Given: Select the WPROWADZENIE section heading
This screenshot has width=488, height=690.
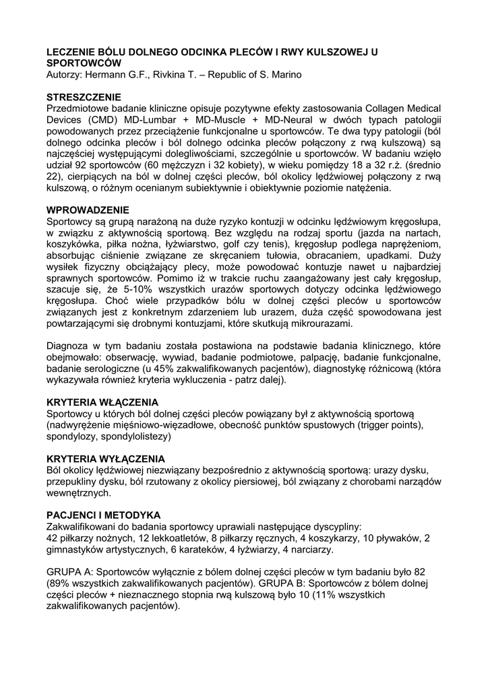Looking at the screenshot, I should pyautogui.click(x=88, y=210).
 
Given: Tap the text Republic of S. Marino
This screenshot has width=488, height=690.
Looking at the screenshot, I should pyautogui.click(x=246, y=73).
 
